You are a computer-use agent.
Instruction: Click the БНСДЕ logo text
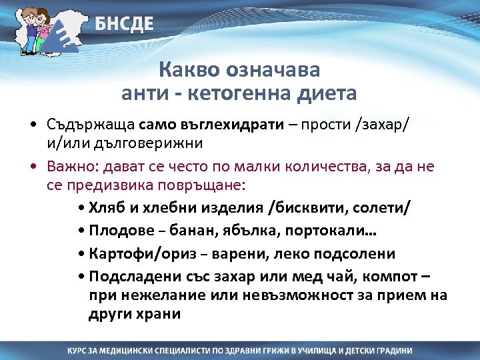(x=123, y=25)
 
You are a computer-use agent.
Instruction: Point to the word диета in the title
(x=326, y=93)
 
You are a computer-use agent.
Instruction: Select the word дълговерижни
(x=149, y=143)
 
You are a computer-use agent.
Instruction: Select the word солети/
(x=386, y=207)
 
